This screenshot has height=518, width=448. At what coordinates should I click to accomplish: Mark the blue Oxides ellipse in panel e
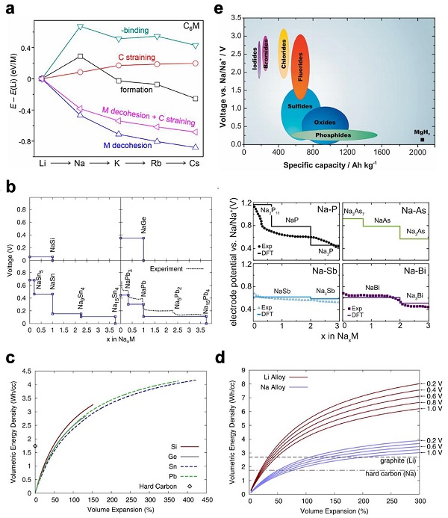(x=323, y=122)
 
